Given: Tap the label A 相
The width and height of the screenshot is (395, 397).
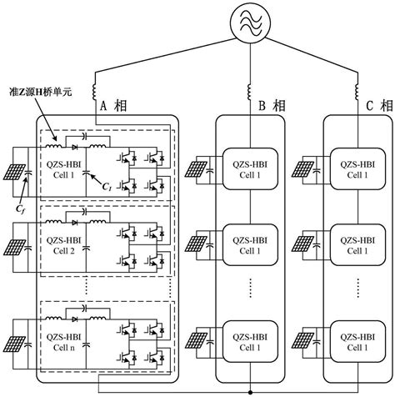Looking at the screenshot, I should [115, 107].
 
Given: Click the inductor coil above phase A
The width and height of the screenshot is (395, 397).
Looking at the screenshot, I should [98, 86].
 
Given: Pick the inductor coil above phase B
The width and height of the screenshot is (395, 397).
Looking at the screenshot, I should [251, 86].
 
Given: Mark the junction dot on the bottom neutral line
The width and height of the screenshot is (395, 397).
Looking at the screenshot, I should [251, 389].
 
